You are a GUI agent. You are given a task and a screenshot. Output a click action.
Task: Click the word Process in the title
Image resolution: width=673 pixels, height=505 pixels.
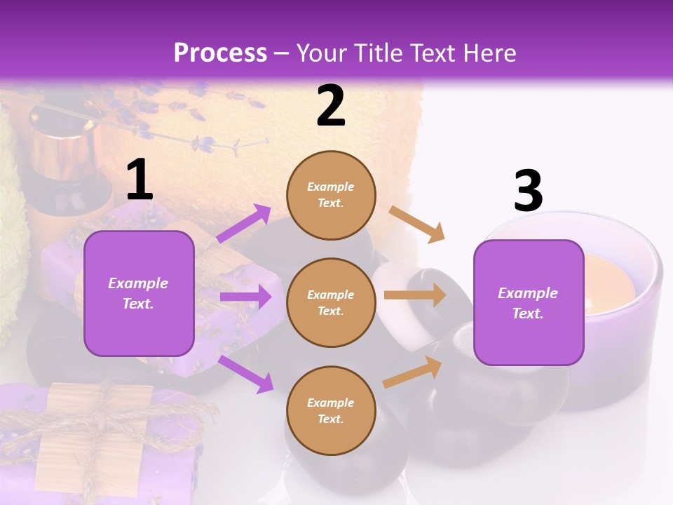pyautogui.click(x=220, y=53)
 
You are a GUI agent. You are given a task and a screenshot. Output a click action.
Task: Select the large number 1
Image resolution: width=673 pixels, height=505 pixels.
pyautogui.click(x=140, y=180)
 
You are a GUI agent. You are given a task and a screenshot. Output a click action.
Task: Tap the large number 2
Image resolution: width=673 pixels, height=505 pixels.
pyautogui.click(x=331, y=106)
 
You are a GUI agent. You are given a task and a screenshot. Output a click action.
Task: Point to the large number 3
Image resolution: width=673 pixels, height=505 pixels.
pyautogui.click(x=528, y=191)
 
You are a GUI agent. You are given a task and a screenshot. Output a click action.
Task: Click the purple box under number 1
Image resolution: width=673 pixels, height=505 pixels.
pyautogui.click(x=139, y=293)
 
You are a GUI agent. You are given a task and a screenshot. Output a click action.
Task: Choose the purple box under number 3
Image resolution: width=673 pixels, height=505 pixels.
pyautogui.click(x=529, y=302)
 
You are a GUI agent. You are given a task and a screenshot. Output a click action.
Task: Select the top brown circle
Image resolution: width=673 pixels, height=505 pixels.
pyautogui.click(x=331, y=195)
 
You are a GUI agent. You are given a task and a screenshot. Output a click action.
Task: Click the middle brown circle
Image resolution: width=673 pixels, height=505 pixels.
pyautogui.click(x=331, y=302)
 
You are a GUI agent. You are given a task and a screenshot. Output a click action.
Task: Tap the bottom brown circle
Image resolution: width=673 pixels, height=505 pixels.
pyautogui.click(x=331, y=410)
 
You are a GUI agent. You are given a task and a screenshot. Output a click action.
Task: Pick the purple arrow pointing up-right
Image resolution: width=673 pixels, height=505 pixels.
pyautogui.click(x=244, y=224)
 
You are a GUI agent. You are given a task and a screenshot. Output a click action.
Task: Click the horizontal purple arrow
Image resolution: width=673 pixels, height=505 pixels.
pyautogui.click(x=245, y=297)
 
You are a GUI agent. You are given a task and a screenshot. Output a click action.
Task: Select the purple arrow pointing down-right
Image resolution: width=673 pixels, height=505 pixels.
pyautogui.click(x=246, y=373)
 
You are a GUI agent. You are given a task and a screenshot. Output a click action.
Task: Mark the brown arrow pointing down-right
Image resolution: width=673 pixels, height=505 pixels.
pyautogui.click(x=416, y=224)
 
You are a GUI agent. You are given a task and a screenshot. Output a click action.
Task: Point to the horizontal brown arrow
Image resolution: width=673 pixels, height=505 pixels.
pyautogui.click(x=414, y=295)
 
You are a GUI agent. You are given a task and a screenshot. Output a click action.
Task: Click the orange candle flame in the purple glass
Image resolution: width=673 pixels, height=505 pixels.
pyautogui.click(x=609, y=288)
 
